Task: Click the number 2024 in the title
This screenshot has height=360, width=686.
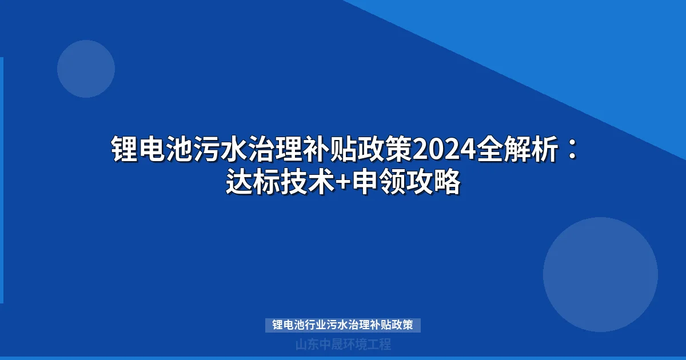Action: pos(445,150)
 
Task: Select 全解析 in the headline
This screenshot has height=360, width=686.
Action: pos(518,150)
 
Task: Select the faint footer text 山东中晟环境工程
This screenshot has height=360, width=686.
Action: pos(343,345)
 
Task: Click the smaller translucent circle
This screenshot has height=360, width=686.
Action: pos(86,69)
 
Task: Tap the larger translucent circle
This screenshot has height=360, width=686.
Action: pos(600,274)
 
